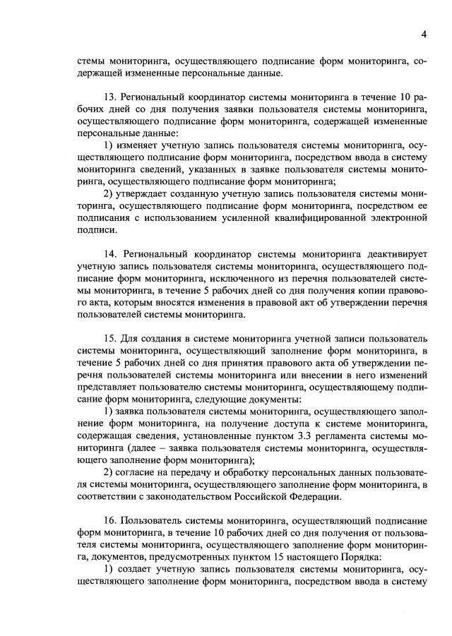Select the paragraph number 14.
click(109, 252)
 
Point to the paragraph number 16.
click(109, 520)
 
